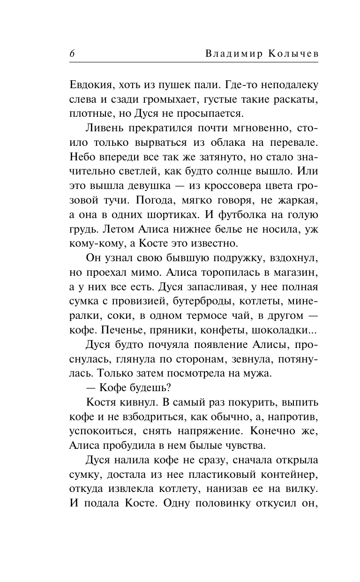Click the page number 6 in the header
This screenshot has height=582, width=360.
[x=72, y=53]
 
